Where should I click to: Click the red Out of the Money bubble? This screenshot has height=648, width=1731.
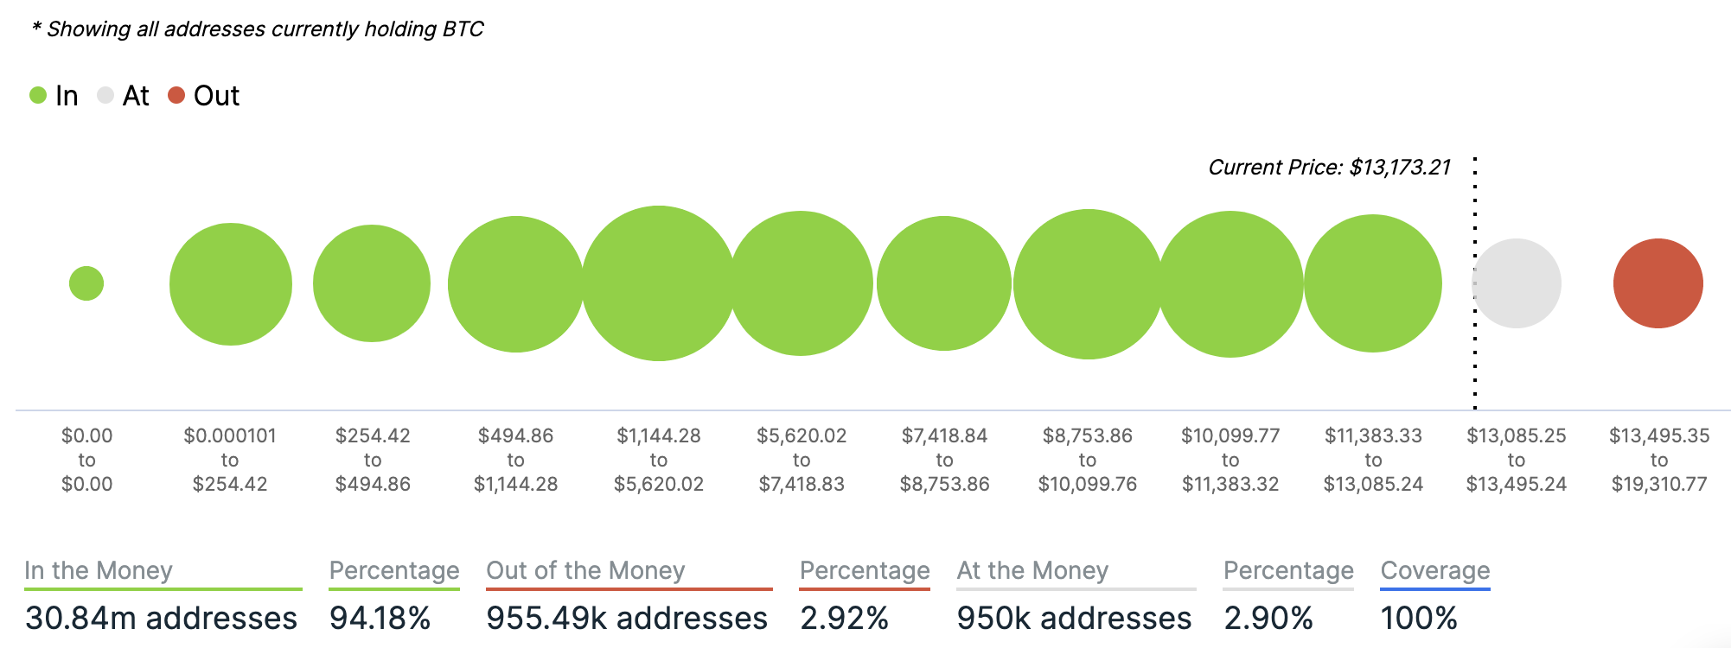tap(1658, 283)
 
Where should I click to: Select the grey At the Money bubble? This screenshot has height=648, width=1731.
tap(1517, 283)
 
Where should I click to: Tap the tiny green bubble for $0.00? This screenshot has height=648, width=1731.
tap(86, 283)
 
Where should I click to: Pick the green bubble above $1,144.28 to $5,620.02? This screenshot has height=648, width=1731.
tap(659, 283)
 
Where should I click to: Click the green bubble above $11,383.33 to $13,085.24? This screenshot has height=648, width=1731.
tap(1373, 283)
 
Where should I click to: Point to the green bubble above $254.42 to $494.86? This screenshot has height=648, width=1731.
tap(372, 283)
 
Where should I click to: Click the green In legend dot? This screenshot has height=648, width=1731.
tap(38, 95)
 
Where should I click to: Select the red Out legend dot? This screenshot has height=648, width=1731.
tap(176, 95)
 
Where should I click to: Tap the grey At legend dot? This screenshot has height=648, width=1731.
tap(105, 95)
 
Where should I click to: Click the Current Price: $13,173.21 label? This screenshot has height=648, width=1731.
tap(1329, 167)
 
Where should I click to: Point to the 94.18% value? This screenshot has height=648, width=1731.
tap(380, 618)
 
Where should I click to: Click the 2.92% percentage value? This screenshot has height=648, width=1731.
tap(844, 618)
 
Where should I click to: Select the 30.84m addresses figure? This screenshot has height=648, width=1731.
tap(161, 618)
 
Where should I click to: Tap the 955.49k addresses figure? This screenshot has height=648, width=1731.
tap(626, 618)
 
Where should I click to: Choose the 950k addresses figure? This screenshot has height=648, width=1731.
tap(1074, 618)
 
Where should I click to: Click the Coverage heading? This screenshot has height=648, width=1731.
tap(1435, 570)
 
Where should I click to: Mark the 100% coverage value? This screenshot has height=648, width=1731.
tap(1419, 618)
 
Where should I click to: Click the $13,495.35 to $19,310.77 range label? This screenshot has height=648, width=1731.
tap(1659, 460)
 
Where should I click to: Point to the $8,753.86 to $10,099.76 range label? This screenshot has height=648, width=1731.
tap(1088, 460)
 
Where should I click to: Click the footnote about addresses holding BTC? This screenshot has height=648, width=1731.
tap(258, 29)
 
